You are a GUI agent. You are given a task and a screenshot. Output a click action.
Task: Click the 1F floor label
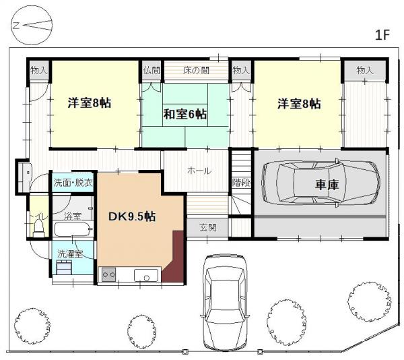click(x=383, y=36)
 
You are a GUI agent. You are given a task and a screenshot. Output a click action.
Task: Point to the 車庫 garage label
click(x=326, y=185)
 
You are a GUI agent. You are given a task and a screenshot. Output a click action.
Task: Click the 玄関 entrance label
click(x=207, y=228)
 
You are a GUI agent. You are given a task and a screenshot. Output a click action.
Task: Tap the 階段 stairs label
click(x=241, y=183)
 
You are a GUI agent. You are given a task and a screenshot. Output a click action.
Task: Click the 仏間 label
click(x=151, y=70)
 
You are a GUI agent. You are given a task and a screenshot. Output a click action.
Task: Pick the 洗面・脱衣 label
click(x=73, y=182)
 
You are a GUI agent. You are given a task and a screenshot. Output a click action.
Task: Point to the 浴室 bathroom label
click(x=72, y=217)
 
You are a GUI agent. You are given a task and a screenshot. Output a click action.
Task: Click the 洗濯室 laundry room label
click(x=71, y=254)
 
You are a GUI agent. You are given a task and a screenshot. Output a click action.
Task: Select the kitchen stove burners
click(x=108, y=274)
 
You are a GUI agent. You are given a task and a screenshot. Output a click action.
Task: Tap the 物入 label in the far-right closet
click(x=365, y=70)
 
